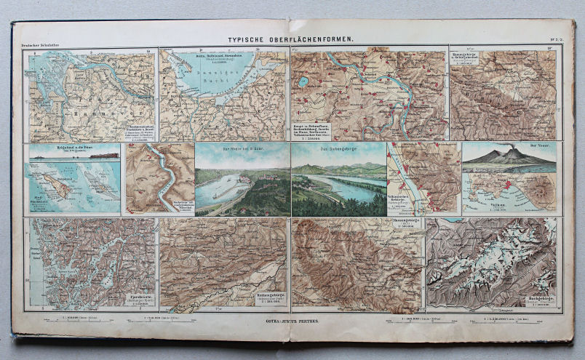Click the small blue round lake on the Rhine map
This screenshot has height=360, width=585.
(x=302, y=81)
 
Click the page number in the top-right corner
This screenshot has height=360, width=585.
(x=560, y=44)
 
